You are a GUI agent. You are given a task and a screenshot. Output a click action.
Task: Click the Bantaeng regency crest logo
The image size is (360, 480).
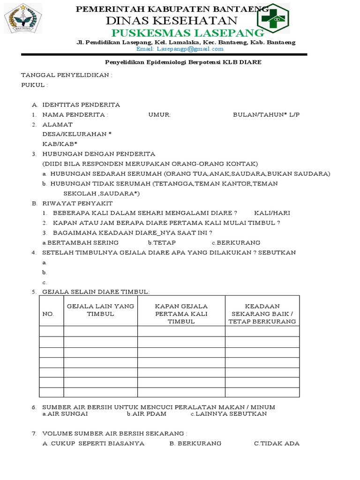coord(23,18)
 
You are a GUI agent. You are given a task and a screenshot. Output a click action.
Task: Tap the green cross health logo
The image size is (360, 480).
coord(273,18)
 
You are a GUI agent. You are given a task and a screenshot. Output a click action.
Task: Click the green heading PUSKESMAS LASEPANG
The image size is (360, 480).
coord(187,33)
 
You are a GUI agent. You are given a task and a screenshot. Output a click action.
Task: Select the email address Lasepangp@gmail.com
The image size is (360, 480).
coord(180,49)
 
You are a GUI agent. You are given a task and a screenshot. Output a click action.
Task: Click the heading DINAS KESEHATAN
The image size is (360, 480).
coord(172,21)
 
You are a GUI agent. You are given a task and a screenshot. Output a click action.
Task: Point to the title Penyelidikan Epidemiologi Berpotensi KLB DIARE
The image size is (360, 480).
coord(182,62)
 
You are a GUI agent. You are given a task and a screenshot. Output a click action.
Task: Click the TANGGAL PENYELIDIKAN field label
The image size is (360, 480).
coord(67,75)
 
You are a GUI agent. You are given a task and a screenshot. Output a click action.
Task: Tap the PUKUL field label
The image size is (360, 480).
coord(34,85)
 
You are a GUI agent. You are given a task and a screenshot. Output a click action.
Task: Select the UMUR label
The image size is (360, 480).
coord(159,114)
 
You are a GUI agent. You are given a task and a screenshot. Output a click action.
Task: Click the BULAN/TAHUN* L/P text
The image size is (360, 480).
coord(266,114)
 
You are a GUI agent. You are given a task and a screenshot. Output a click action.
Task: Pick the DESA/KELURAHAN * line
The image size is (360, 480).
coord(77,134)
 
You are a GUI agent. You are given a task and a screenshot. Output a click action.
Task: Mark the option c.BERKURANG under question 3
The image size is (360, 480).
coord(236,242)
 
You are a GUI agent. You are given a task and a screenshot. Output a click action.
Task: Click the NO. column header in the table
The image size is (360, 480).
coord(48,314)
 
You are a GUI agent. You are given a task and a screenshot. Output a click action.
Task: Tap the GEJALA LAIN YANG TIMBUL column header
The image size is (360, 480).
coord(100,310)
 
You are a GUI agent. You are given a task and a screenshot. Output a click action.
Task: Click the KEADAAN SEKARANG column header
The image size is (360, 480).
coord(262,314)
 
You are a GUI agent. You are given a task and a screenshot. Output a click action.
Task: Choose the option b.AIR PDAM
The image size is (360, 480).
coord(146,414)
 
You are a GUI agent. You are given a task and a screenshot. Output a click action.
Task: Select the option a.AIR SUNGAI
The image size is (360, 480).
coord(65,414)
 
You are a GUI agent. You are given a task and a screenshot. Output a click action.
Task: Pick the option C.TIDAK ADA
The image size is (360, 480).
coord(277,443)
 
